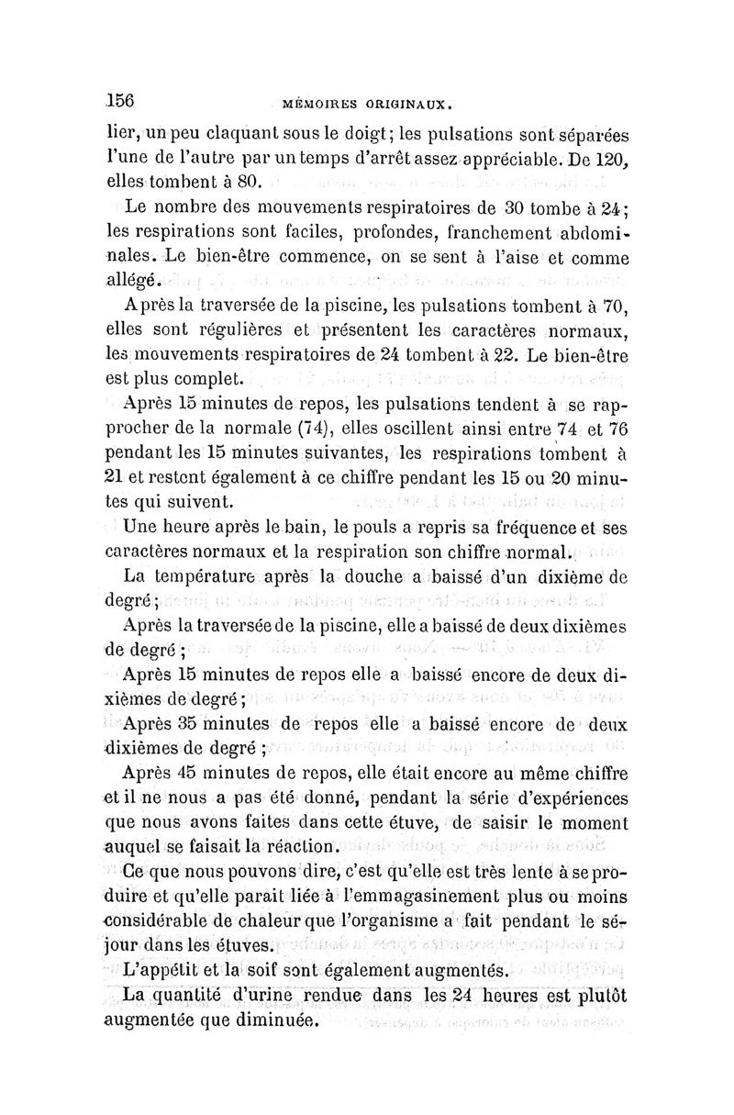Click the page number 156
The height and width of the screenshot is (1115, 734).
tap(121, 100)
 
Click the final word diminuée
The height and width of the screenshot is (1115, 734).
tap(270, 1019)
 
